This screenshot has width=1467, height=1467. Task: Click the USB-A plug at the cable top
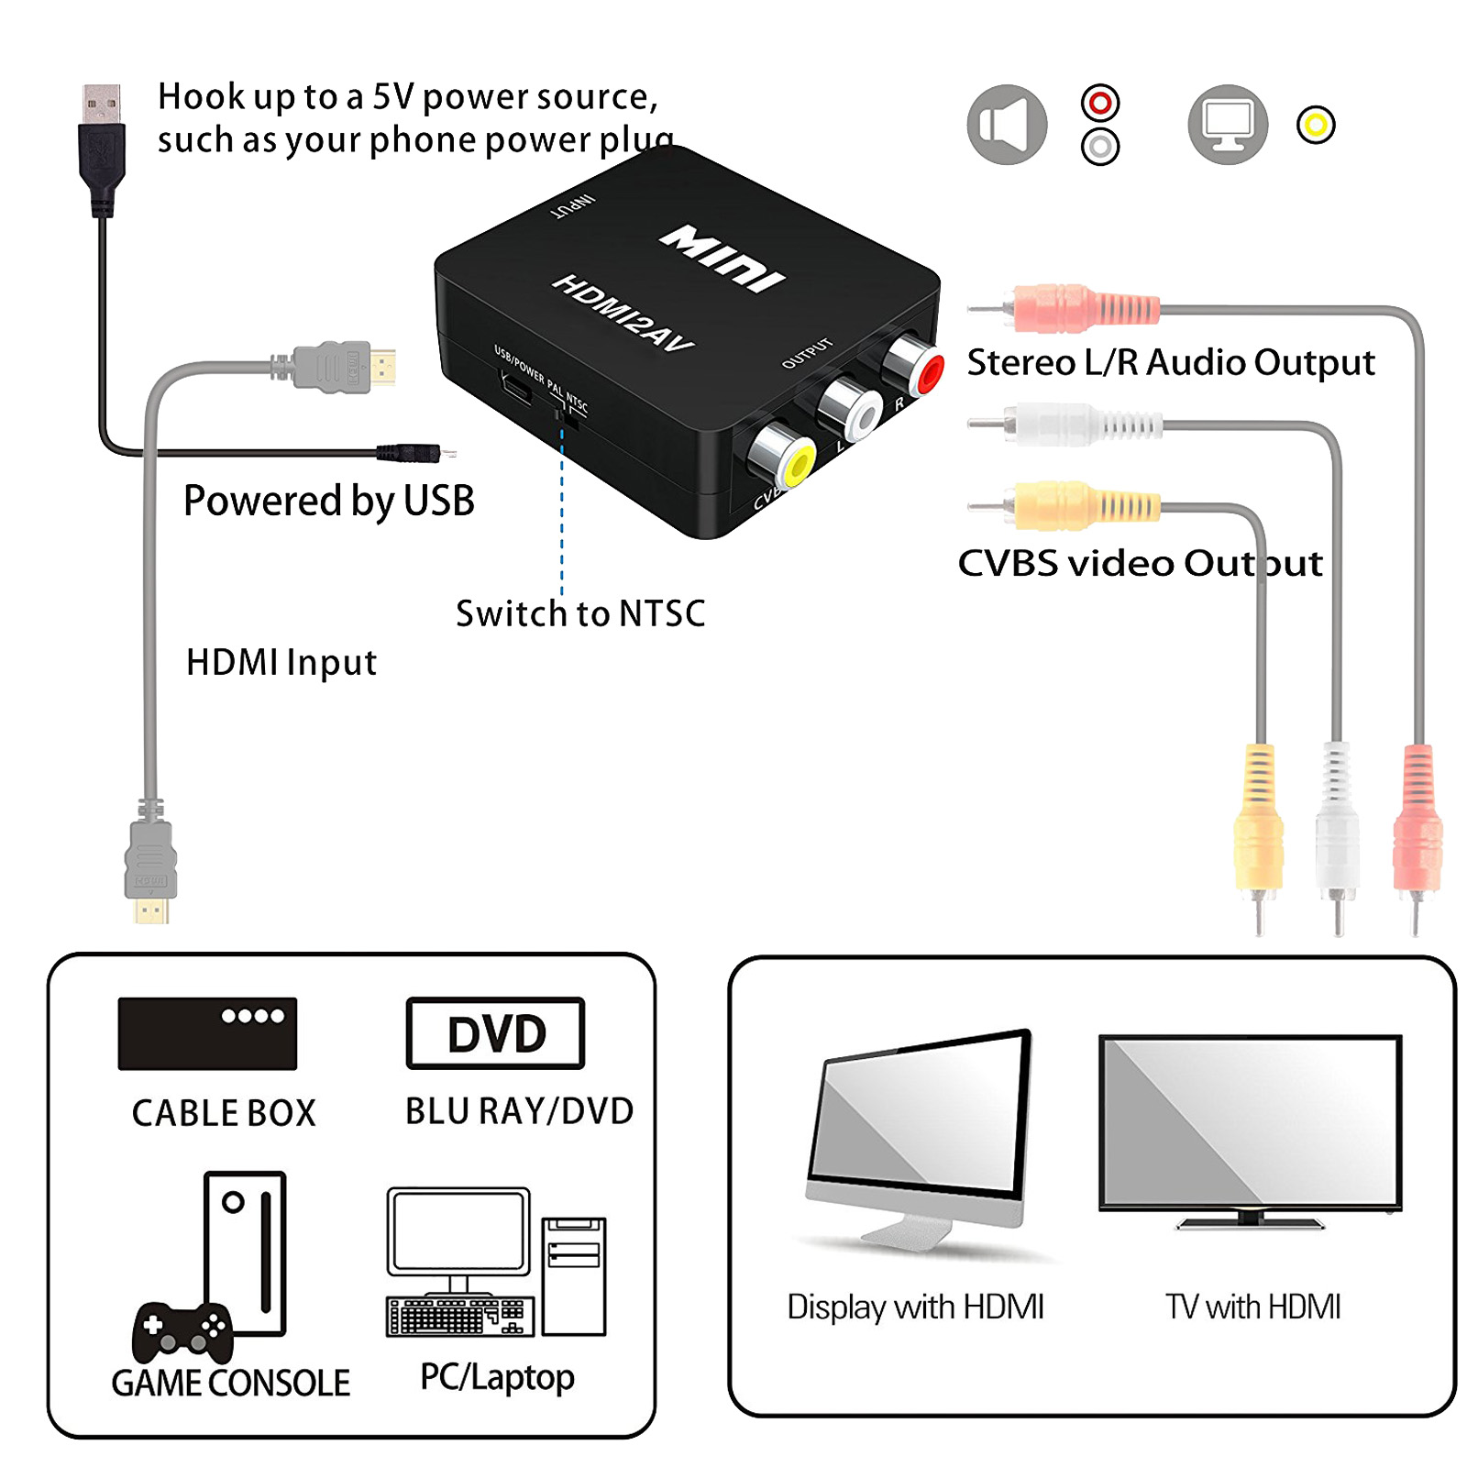pyautogui.click(x=101, y=138)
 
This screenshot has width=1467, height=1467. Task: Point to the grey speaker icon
pyautogui.click(x=1006, y=125)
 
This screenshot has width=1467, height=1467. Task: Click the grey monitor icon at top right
pyautogui.click(x=1227, y=125)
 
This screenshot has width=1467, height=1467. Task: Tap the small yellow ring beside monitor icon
pyautogui.click(x=1315, y=125)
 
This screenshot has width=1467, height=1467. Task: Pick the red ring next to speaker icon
pyautogui.click(x=1099, y=103)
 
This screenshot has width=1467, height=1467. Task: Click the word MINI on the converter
pyautogui.click(x=722, y=259)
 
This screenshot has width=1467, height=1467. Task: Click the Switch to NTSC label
pyautogui.click(x=580, y=613)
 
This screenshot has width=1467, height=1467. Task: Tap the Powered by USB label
pyautogui.click(x=328, y=501)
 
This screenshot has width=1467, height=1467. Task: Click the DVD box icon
pyautogui.click(x=495, y=1033)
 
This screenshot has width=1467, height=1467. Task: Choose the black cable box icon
pyautogui.click(x=207, y=1033)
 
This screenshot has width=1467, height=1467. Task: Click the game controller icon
pyautogui.click(x=182, y=1331)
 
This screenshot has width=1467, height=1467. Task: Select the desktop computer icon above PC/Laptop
pyautogui.click(x=495, y=1262)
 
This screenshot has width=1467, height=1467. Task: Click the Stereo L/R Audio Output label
pyautogui.click(x=1170, y=363)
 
